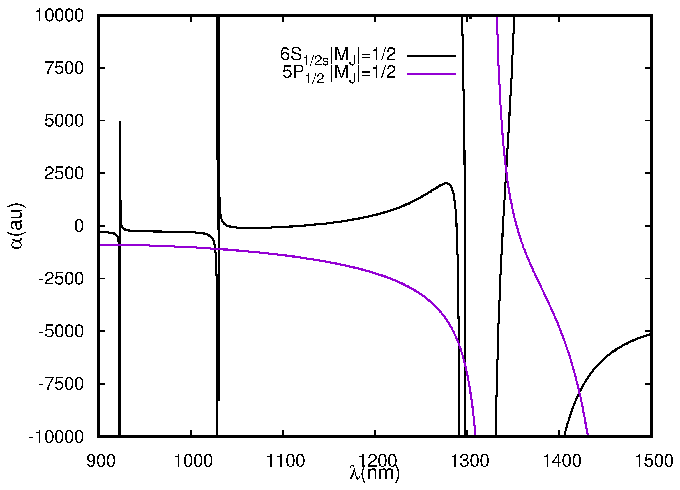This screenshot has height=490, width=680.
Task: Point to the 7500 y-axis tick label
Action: (64, 68)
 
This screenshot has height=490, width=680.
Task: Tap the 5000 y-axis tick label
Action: (64, 121)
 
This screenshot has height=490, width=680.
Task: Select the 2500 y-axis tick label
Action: (64, 173)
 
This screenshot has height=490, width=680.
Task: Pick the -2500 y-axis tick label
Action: (61, 279)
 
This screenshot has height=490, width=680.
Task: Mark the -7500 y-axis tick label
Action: (61, 384)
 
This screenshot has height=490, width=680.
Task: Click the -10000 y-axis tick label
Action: (56, 437)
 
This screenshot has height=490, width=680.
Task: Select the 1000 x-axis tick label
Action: (193, 461)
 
